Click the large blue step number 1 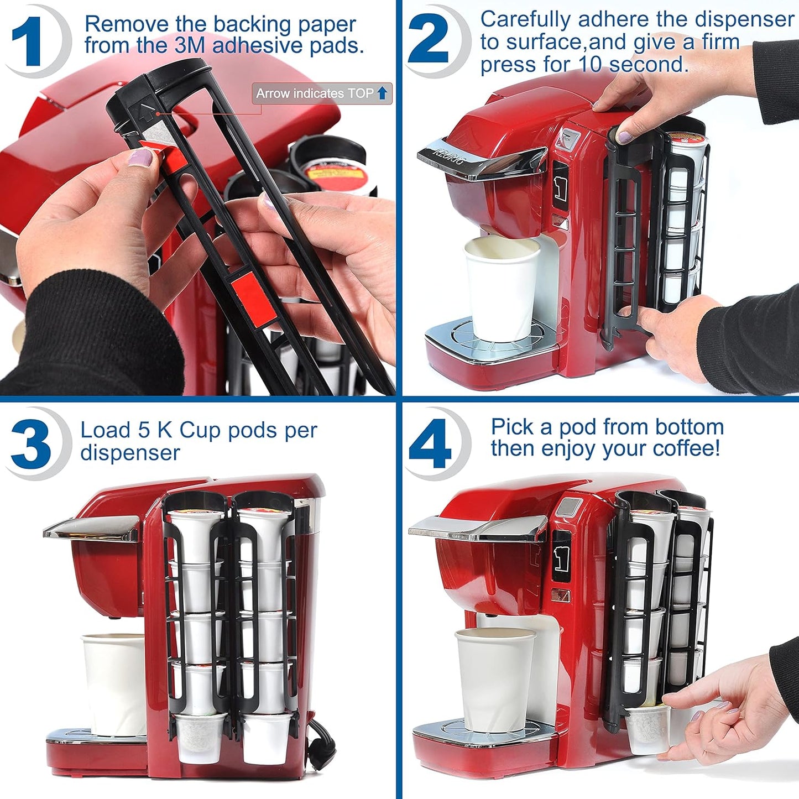28,41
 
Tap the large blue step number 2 428,40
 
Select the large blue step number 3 31,443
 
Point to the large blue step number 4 430,443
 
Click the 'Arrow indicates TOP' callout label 321,93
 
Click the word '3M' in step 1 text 190,46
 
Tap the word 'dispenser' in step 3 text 130,453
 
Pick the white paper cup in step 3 113,683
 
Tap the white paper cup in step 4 493,677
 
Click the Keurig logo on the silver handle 449,155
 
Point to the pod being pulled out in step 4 647,730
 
